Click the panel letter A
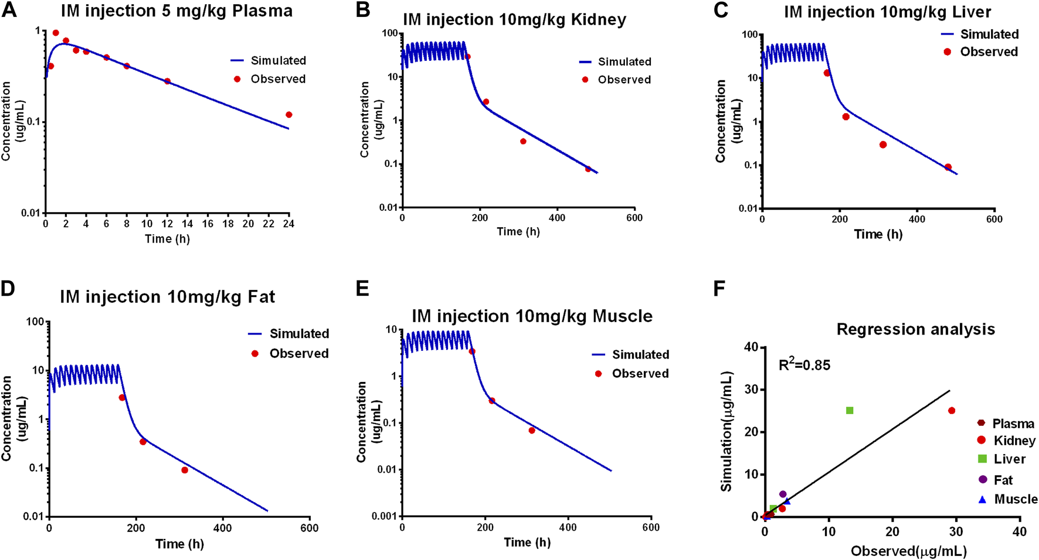pyautogui.click(x=10, y=11)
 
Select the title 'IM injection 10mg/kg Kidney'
pyautogui.click(x=514, y=20)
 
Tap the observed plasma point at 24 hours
pyautogui.click(x=288, y=115)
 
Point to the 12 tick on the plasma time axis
pyautogui.click(x=167, y=223)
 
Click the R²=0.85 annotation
pyautogui.click(x=804, y=366)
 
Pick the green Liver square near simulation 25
pyautogui.click(x=850, y=411)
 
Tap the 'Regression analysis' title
pyautogui.click(x=915, y=329)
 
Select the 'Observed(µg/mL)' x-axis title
pyautogui.click(x=908, y=551)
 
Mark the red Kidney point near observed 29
pyautogui.click(x=952, y=411)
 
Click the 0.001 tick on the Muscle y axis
pyautogui.click(x=385, y=516)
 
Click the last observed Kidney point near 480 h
pyautogui.click(x=588, y=169)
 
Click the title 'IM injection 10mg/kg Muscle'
pyautogui.click(x=532, y=316)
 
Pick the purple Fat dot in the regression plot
pyautogui.click(x=783, y=494)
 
